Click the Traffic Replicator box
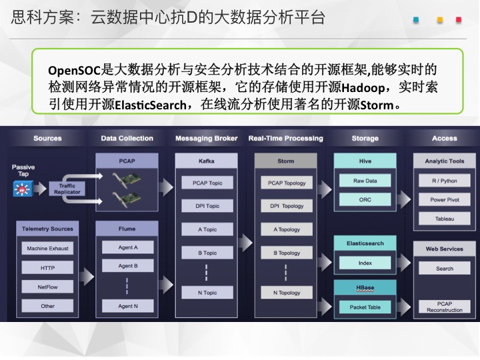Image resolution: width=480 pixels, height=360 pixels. [67, 189]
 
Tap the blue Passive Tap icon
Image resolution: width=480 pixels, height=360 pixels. [23, 189]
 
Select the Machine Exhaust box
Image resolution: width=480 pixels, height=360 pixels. [47, 248]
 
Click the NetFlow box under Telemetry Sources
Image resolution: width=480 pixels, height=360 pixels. [47, 287]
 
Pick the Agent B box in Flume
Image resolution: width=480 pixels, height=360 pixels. [127, 266]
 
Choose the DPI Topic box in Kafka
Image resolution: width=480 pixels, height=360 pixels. [207, 206]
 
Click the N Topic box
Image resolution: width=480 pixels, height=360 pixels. [207, 293]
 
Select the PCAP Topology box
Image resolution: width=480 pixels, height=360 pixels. [287, 183]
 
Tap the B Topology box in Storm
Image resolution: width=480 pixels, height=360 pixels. [287, 253]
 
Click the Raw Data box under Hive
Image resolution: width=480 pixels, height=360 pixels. [365, 181]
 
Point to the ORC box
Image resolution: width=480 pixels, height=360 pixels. [365, 199]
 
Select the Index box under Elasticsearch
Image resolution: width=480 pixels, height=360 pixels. [365, 263]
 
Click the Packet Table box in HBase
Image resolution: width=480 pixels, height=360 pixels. [365, 307]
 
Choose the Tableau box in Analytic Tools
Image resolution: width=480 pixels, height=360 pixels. [445, 219]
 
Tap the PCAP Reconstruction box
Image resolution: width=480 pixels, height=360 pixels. [445, 307]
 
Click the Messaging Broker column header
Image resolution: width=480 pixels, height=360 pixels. [206, 139]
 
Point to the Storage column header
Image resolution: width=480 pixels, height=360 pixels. [365, 139]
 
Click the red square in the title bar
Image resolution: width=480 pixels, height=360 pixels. [458, 20]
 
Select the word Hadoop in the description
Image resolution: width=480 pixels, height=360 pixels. [363, 88]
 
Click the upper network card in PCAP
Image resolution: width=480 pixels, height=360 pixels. [127, 180]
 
